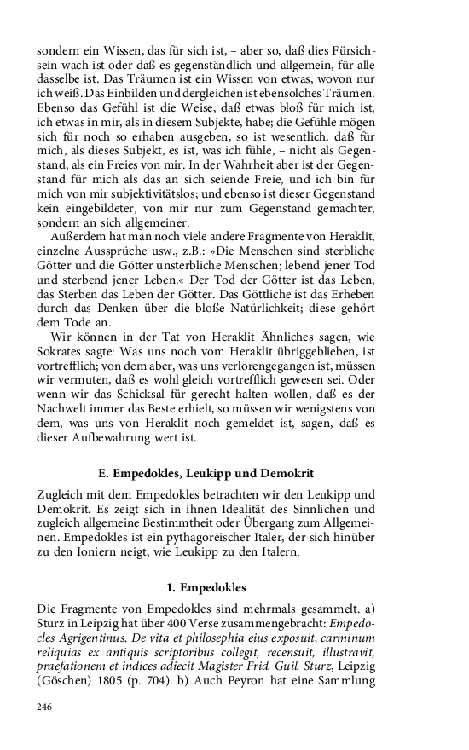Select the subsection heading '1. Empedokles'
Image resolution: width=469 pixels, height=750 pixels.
[206, 587]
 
